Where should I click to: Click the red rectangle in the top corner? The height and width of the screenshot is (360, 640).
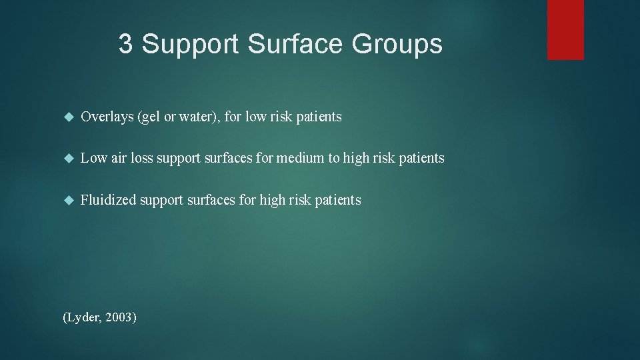565,29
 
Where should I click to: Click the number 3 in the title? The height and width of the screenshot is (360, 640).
125,45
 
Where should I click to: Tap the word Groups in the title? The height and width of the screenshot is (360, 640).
397,45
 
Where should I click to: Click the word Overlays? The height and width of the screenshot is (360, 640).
107,117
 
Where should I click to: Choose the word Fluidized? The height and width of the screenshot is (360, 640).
107,200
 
